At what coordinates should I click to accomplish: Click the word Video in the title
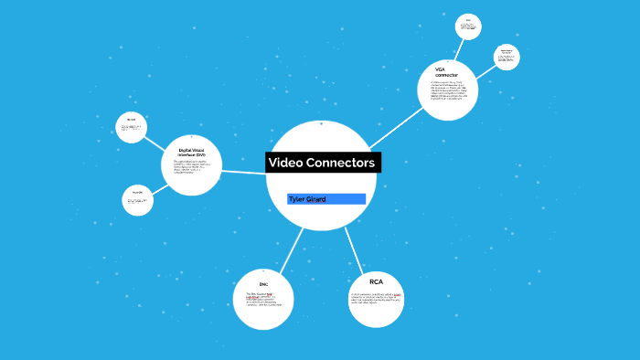(288, 163)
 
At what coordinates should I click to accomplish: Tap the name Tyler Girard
(307, 198)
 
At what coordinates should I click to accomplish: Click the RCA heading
(376, 281)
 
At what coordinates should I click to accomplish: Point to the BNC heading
(263, 285)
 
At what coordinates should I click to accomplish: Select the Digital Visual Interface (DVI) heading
(191, 153)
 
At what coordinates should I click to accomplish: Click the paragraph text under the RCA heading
(376, 300)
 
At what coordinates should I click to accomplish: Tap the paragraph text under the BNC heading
(264, 299)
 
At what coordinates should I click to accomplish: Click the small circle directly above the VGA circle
(468, 26)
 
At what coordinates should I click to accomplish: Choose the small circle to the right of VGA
(506, 57)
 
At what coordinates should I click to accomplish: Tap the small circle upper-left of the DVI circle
(131, 127)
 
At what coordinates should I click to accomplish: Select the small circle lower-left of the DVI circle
(137, 200)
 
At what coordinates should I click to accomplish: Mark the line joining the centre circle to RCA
(354, 246)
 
